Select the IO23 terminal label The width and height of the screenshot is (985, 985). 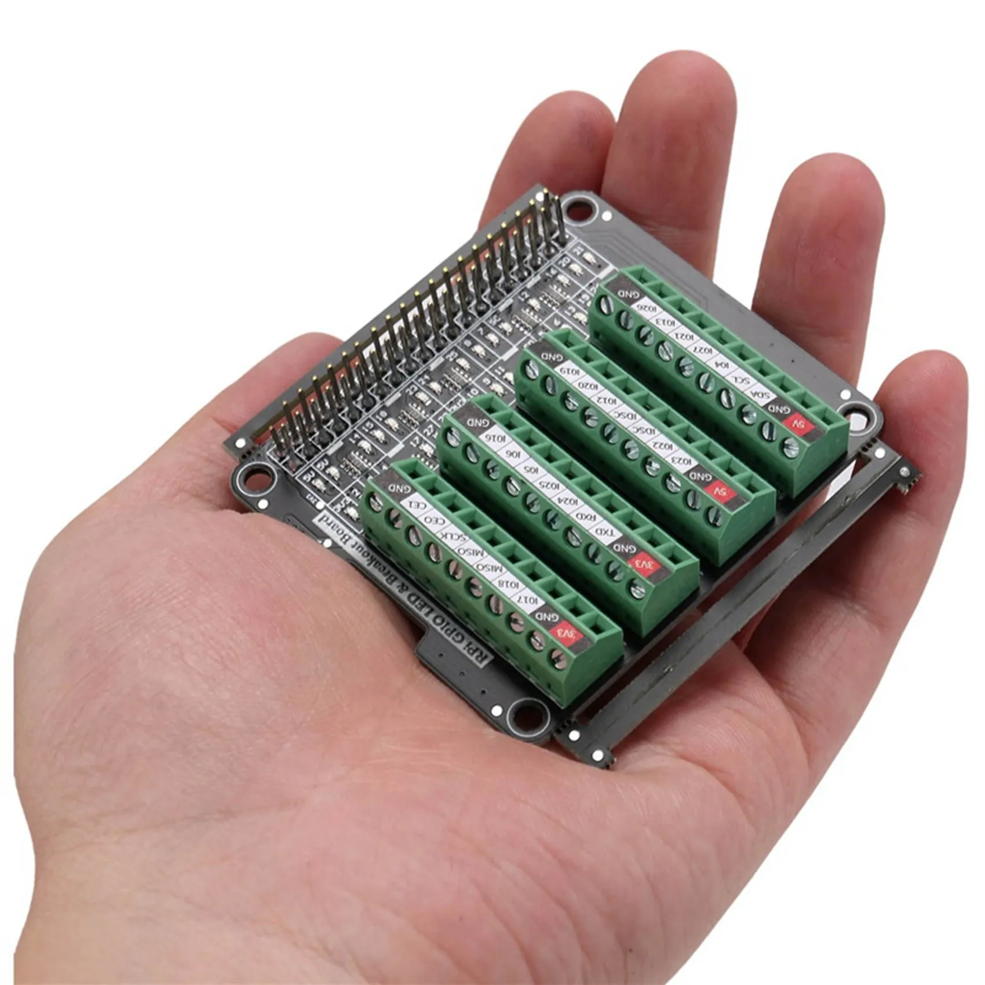[684, 461]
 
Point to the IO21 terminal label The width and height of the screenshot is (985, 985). [682, 336]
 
